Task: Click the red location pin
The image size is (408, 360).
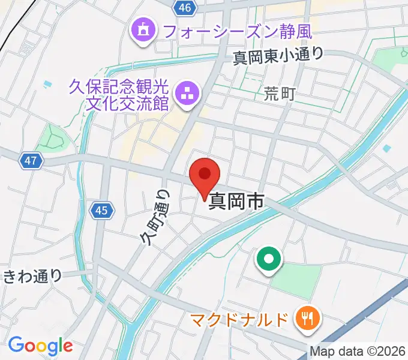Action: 205,175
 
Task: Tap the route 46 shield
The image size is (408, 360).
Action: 185,7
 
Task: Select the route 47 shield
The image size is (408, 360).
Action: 32,160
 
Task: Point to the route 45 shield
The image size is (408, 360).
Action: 100,210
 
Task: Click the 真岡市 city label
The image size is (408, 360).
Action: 236,203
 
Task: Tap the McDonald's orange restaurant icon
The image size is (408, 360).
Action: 307,319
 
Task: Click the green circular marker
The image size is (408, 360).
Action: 269,260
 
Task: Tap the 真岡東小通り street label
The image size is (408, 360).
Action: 278,55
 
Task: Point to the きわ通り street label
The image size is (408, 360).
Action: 32,276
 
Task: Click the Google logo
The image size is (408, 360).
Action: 40,346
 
